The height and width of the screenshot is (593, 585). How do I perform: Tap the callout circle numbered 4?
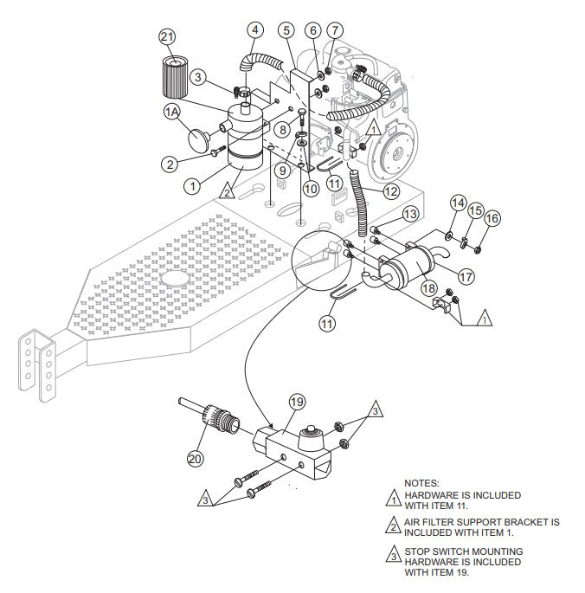254,29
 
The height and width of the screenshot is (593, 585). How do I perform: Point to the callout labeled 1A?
172,113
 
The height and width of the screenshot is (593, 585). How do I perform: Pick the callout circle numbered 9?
283,170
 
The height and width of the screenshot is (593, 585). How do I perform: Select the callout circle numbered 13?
410,212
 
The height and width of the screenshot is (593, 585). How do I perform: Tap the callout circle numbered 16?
492,219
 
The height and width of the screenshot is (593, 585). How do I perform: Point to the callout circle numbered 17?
466,277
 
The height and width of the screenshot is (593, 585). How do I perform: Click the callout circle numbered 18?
427,287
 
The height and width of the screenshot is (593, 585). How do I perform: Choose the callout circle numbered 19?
297,402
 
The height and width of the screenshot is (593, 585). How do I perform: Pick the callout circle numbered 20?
196,459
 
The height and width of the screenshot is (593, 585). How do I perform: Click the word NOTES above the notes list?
421,483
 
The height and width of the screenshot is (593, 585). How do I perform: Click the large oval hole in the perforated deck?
176,279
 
